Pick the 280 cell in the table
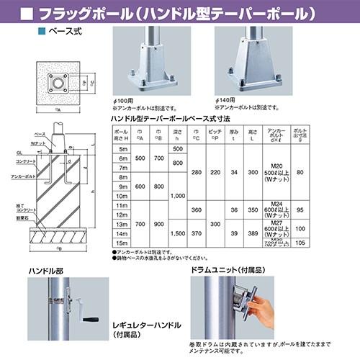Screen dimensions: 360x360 coord(197,174)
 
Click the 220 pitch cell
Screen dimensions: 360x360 coord(214,174)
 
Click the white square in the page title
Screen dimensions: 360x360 coord(27,13)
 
